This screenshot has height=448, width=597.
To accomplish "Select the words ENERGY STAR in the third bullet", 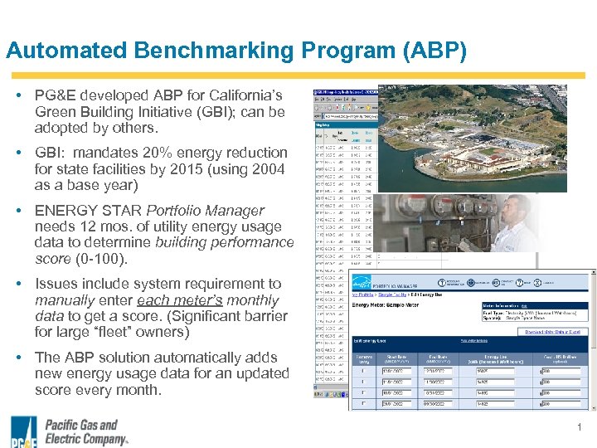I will click(x=88, y=211).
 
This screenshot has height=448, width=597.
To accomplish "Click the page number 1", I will click(x=579, y=427).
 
